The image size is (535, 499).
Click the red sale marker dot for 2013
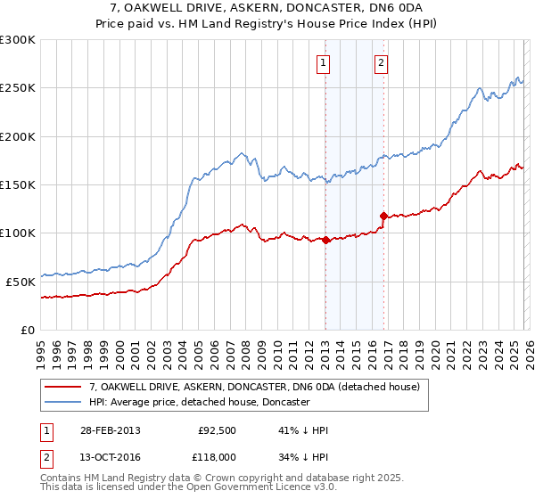[326, 240]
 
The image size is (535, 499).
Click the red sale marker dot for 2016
[383, 216]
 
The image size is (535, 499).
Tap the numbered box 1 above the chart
[322, 62]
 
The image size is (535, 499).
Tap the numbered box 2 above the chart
[381, 62]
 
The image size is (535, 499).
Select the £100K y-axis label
[18, 233]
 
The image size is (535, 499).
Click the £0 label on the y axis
[27, 330]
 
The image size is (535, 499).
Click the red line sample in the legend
[63, 388]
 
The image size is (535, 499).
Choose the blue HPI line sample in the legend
[63, 403]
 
